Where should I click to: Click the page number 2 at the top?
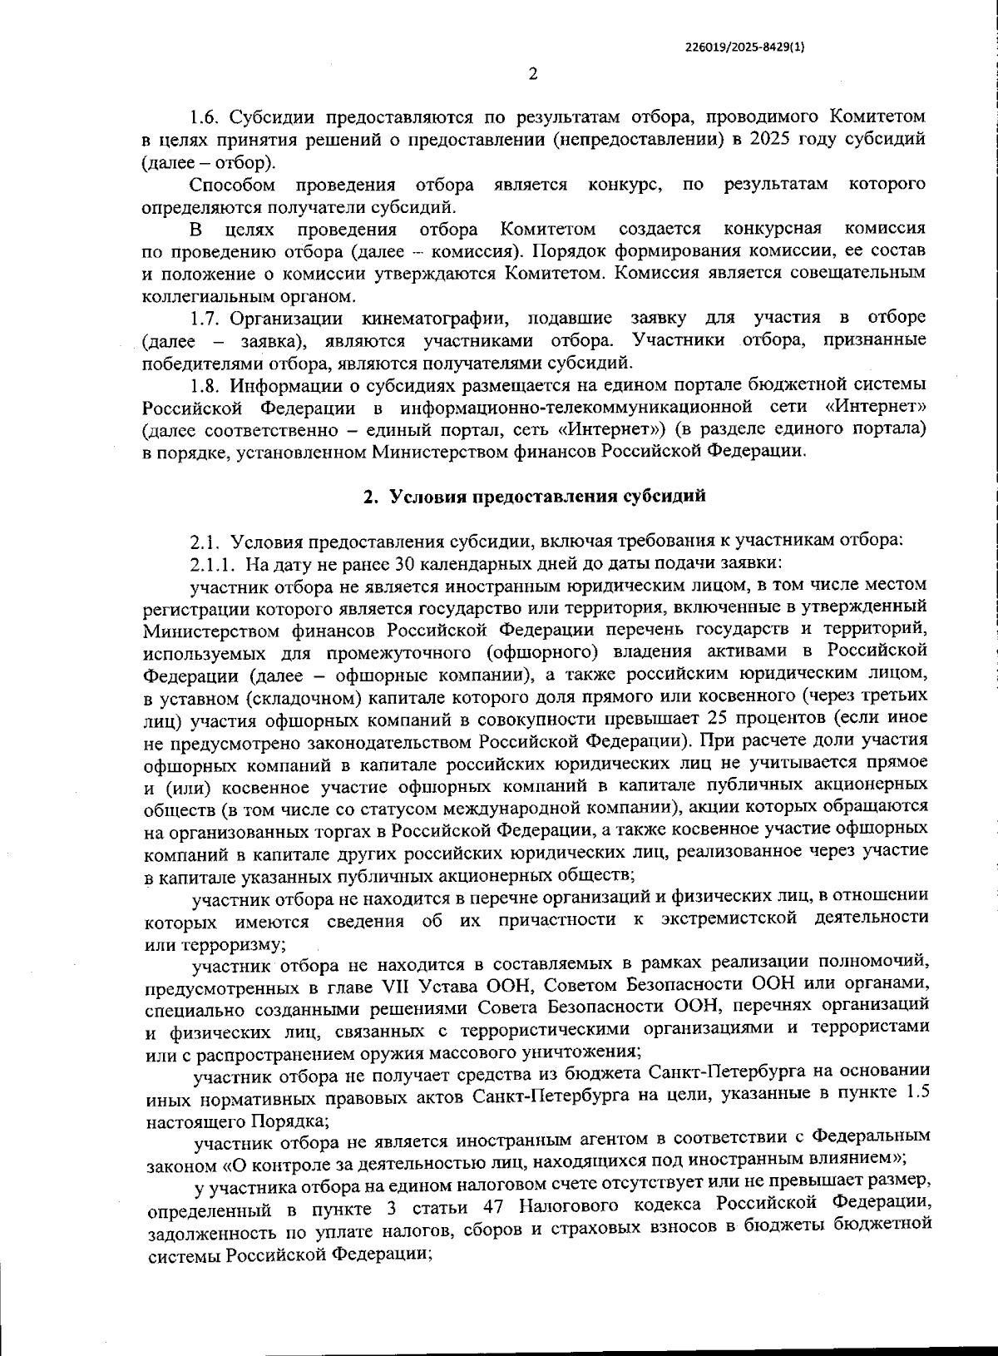coord(533,74)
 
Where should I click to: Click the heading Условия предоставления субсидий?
coord(547,497)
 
